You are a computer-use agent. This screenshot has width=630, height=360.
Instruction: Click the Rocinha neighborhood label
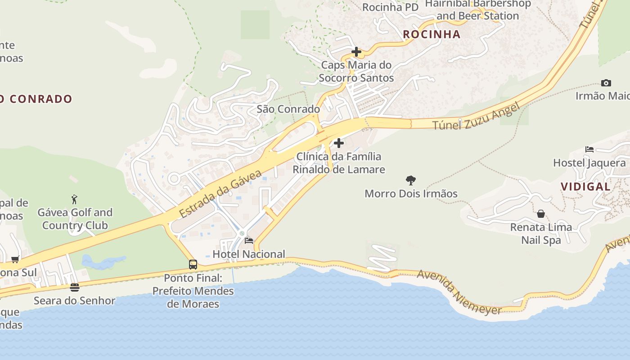[432, 34]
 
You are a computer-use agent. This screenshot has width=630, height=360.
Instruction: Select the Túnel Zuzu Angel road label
[476, 116]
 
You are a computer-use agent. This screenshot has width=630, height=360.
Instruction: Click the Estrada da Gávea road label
[220, 193]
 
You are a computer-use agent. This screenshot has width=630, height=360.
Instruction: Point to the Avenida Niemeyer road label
[459, 292]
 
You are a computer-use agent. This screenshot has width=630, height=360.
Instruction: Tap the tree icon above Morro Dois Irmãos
[410, 180]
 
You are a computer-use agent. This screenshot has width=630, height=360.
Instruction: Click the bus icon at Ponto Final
[193, 265]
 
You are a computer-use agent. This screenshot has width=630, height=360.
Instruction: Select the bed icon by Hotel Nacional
[248, 241]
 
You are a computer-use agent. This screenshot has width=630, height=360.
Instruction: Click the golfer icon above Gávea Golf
[74, 199]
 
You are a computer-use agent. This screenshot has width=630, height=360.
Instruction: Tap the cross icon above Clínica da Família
[338, 143]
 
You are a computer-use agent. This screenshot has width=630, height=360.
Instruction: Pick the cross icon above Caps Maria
[356, 52]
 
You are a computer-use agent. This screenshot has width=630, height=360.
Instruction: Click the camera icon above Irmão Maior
[606, 83]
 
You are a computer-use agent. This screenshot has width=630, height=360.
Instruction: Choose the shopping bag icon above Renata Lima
[541, 214]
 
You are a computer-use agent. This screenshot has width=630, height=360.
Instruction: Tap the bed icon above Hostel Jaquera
[589, 149]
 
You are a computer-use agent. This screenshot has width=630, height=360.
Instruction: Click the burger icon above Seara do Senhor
[75, 287]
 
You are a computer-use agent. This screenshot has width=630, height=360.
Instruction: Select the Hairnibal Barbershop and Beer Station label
[478, 10]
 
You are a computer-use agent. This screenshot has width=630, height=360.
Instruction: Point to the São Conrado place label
[288, 109]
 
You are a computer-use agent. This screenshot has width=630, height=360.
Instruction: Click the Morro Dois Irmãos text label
[411, 193]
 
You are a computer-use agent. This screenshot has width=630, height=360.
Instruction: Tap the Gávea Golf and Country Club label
[75, 219]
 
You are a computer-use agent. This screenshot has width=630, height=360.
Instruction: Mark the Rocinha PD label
[390, 7]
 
